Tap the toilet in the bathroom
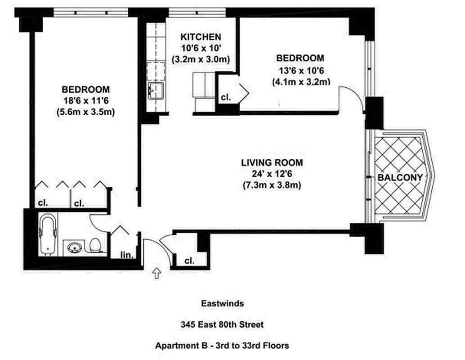(95, 245)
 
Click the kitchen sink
(156, 90)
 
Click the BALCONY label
(400, 178)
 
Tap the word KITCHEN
(201, 37)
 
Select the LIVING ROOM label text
(271, 162)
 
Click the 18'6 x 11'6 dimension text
(85, 100)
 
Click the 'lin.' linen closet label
(127, 255)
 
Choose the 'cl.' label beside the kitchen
(225, 98)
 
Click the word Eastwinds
(222, 304)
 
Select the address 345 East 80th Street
(222, 324)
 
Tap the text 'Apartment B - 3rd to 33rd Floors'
(222, 346)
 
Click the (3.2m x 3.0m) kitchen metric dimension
(201, 59)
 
